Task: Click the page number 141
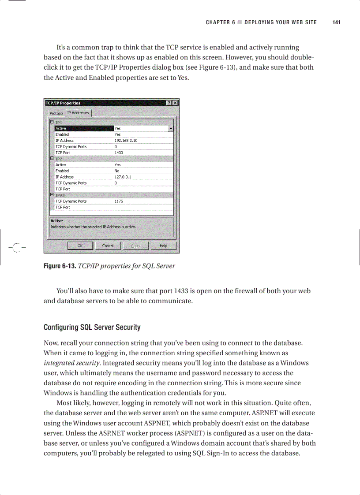[x=336, y=22]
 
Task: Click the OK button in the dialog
[x=79, y=246]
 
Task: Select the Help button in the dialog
[x=163, y=246]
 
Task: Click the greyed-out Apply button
[x=135, y=246]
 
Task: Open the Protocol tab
[x=56, y=113]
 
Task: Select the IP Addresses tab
[x=78, y=113]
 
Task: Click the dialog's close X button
[x=175, y=103]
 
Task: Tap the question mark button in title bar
[x=169, y=103]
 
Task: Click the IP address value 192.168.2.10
[x=126, y=141]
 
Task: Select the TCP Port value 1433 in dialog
[x=119, y=153]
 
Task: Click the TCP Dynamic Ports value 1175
[x=119, y=201]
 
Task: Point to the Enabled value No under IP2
[x=117, y=171]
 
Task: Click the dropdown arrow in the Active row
[x=171, y=129]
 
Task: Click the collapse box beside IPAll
[x=52, y=194]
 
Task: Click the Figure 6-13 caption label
[x=59, y=266]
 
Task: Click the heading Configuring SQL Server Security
[x=92, y=328]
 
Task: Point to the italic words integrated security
[x=72, y=363]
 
